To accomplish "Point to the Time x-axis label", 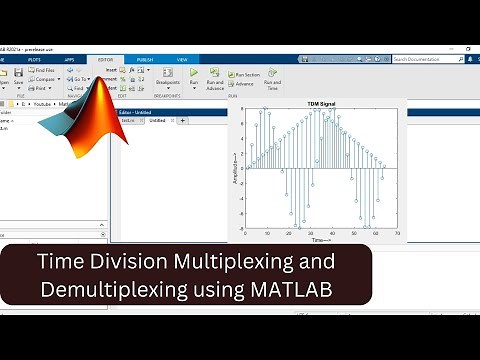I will pos(319,241).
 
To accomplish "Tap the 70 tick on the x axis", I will pos(397,234).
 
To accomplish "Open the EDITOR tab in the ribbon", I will pos(106,59).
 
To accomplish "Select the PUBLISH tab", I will pos(145,59).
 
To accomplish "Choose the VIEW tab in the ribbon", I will pos(182,59).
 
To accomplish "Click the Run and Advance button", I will pos(215,80).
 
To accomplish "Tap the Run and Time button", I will pos(271,80).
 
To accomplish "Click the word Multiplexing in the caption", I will pos(247,263).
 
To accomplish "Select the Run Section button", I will pos(246,74).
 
